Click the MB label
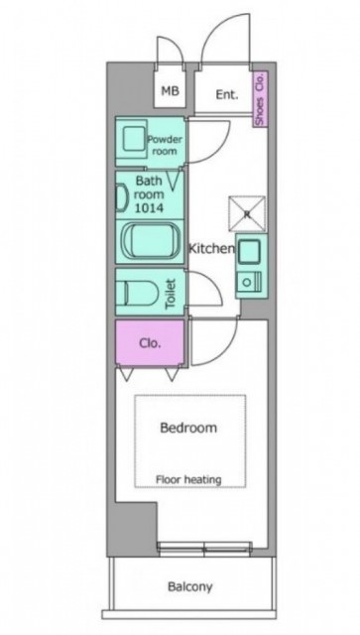coord(170,91)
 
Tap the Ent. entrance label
coord(226,95)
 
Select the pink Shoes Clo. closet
coord(261,99)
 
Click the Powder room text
coord(165,146)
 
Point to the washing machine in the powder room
coord(133,140)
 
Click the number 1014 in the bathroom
coord(149,208)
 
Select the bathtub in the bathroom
coord(151,242)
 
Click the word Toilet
coord(171,294)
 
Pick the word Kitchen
coord(212,249)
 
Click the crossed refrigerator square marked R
coord(247,214)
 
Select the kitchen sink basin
coord(249,251)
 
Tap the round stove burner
coord(245,282)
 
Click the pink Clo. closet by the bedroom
coord(150,343)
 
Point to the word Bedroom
coord(188,428)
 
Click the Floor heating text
coord(188,480)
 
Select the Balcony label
coord(190,586)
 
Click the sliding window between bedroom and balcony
coord(204,549)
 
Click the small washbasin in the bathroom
coord(121,198)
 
